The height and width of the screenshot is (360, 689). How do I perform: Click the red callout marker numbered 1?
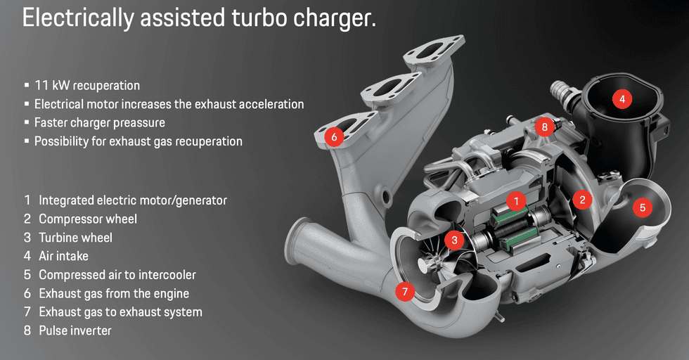(516, 202)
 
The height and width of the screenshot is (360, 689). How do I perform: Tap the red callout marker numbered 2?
(581, 200)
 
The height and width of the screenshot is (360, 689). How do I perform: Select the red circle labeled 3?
(455, 240)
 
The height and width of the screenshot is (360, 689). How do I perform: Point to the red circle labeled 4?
(622, 99)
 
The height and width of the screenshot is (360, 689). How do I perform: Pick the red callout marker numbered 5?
(642, 207)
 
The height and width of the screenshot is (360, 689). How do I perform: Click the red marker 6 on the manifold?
(334, 137)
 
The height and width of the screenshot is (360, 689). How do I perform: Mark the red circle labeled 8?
(543, 127)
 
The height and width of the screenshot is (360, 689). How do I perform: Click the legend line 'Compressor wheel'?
(87, 219)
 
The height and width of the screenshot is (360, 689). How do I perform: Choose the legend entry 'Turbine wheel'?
(75, 238)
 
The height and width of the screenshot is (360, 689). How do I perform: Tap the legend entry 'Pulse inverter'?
(75, 330)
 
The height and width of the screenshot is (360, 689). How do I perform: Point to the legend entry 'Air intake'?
(63, 256)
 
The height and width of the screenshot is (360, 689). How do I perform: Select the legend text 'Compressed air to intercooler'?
(117, 275)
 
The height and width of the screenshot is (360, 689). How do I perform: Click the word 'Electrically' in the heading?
(70, 19)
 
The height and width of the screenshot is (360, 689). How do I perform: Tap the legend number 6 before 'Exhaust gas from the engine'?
(27, 293)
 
